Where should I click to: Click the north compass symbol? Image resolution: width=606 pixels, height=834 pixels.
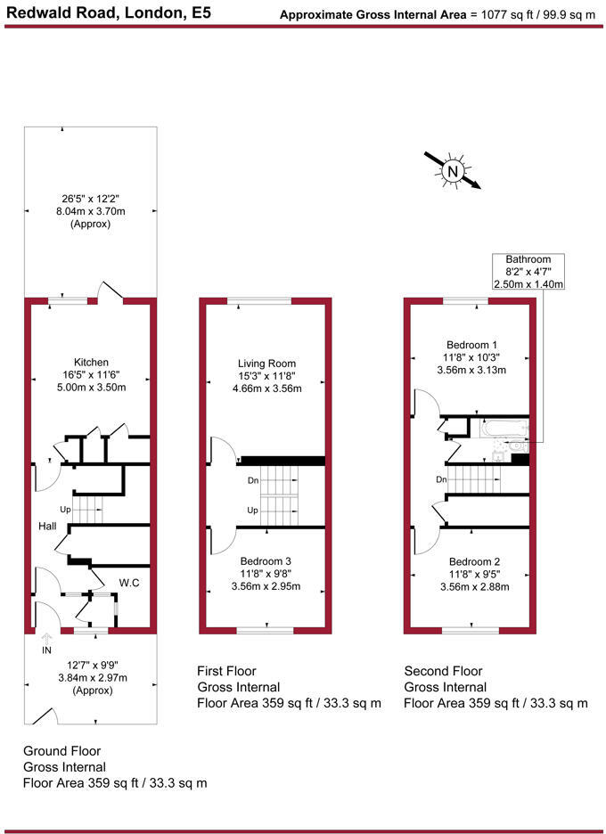click(x=453, y=170)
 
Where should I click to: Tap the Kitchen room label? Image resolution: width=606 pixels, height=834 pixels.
click(x=91, y=362)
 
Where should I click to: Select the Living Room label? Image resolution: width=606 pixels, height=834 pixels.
click(x=266, y=364)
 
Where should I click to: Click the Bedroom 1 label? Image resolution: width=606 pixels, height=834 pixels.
click(x=472, y=345)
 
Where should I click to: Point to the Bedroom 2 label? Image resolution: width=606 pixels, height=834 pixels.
click(x=474, y=561)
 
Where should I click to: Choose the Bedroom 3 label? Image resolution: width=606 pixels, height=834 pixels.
click(x=266, y=560)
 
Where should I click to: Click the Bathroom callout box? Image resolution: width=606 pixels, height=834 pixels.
click(x=528, y=270)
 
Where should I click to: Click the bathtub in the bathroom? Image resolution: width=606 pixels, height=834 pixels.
click(x=504, y=429)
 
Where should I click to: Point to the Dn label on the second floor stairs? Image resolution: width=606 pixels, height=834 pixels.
click(x=441, y=479)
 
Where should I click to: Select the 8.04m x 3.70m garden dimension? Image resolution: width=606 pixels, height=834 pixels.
click(x=90, y=212)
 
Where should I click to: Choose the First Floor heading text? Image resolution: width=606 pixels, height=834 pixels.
click(x=225, y=671)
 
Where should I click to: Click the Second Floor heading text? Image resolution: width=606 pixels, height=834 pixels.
click(x=443, y=671)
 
